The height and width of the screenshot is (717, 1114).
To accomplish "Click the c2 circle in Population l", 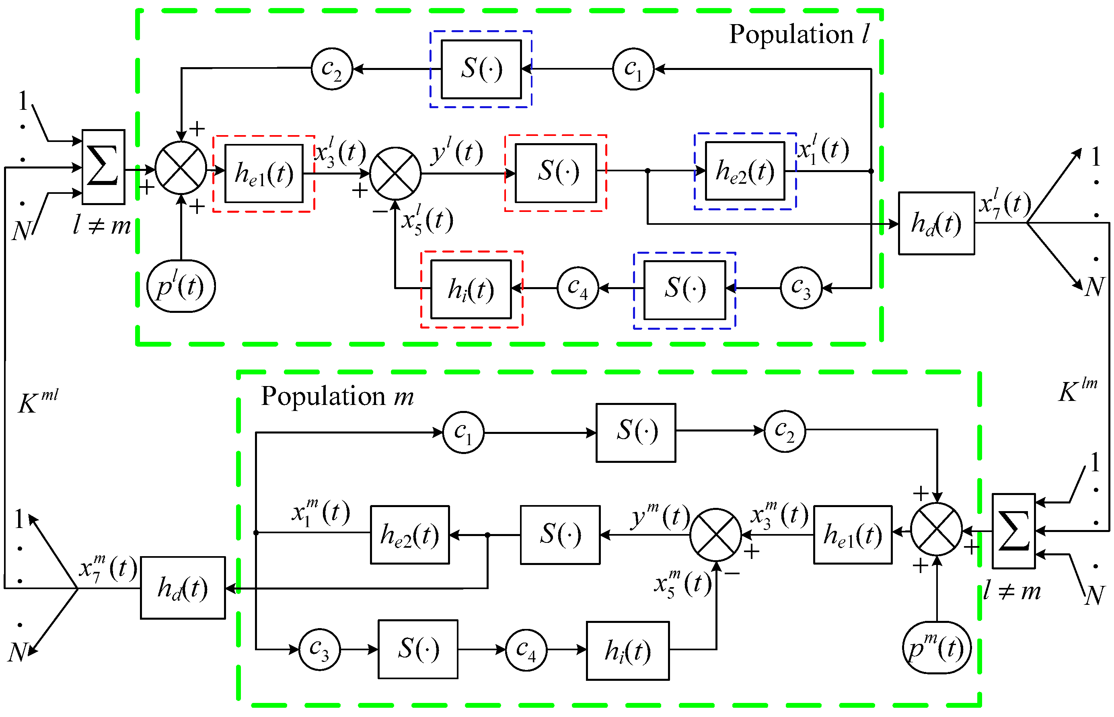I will tap(331, 69).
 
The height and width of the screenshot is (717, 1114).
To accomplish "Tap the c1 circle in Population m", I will tap(463, 432).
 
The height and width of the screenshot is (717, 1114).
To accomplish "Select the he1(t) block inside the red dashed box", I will tap(264, 174).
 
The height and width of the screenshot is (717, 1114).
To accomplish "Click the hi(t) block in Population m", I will tap(627, 650).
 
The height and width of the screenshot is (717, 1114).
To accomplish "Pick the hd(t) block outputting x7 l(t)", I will tap(936, 224).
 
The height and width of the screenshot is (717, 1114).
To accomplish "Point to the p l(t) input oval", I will tap(181, 286).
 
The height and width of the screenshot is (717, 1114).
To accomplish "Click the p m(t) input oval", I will tap(936, 647).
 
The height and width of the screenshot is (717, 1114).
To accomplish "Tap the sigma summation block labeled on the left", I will tap(103, 166).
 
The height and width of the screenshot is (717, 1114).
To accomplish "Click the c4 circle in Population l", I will tap(578, 288).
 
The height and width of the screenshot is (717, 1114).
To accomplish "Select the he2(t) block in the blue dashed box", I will tap(745, 171).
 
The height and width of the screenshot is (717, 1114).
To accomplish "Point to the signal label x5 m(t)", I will tap(682, 583).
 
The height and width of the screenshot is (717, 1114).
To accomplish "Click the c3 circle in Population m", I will tap(319, 649).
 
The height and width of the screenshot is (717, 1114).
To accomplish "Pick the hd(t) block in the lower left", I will tap(183, 588).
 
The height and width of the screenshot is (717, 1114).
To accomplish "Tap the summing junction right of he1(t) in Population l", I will tap(395, 174).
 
